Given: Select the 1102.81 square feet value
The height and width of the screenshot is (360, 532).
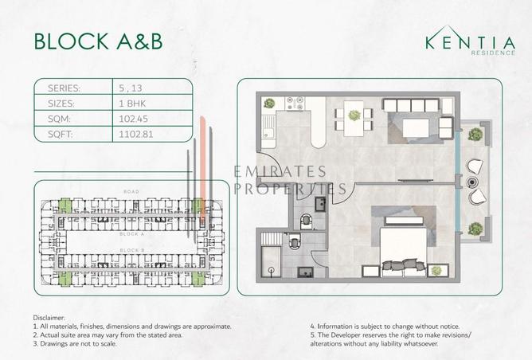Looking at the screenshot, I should pyautogui.click(x=132, y=135).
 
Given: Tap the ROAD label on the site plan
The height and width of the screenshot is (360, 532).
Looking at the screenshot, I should pyautogui.click(x=131, y=192).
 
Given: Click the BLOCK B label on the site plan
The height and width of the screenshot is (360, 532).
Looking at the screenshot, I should pyautogui.click(x=131, y=250).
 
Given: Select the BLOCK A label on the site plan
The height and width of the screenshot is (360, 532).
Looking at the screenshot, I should pyautogui.click(x=131, y=235).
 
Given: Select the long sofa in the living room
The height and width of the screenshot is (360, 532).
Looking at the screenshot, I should pyautogui.click(x=411, y=105).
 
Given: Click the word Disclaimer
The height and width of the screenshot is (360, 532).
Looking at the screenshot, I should pyautogui.click(x=51, y=318).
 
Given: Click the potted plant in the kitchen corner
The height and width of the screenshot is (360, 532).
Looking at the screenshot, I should pyautogui.click(x=269, y=104).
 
